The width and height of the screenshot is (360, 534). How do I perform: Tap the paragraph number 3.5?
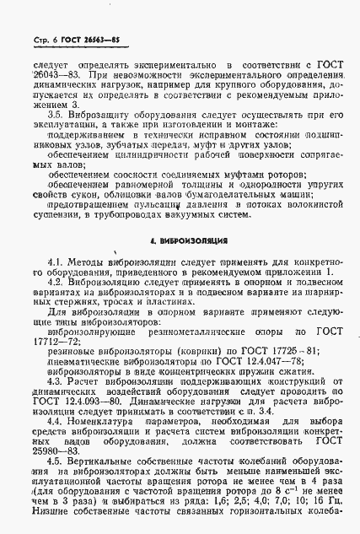[60, 112]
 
